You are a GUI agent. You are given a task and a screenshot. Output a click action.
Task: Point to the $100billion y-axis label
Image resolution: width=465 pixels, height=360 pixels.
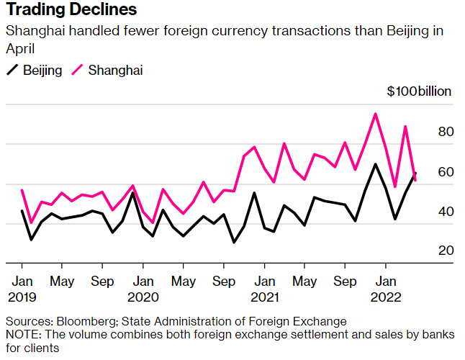419,91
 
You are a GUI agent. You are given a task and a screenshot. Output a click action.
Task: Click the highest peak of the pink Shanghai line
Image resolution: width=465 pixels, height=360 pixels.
375,114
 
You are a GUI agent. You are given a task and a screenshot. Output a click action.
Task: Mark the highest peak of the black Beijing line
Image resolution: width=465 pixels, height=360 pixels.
375,164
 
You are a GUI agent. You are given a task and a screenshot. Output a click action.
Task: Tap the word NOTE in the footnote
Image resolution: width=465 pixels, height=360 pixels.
22,335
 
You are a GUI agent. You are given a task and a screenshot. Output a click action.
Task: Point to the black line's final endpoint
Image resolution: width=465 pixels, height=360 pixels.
415,174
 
